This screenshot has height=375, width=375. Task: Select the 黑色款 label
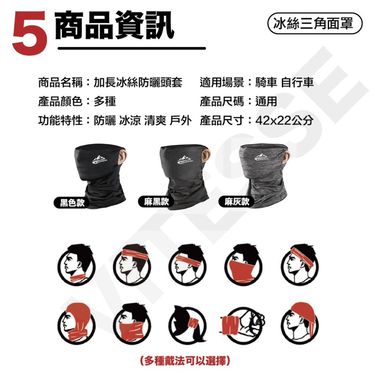(x=69, y=203)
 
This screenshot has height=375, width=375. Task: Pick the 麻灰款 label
(x=237, y=202)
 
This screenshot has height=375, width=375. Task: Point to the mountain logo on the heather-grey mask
(x=265, y=157)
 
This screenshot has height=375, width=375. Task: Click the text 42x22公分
(x=284, y=120)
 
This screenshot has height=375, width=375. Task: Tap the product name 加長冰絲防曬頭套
(x=138, y=82)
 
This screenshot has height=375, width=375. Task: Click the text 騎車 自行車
(x=284, y=82)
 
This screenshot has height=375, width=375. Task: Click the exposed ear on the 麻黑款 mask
(x=205, y=154)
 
